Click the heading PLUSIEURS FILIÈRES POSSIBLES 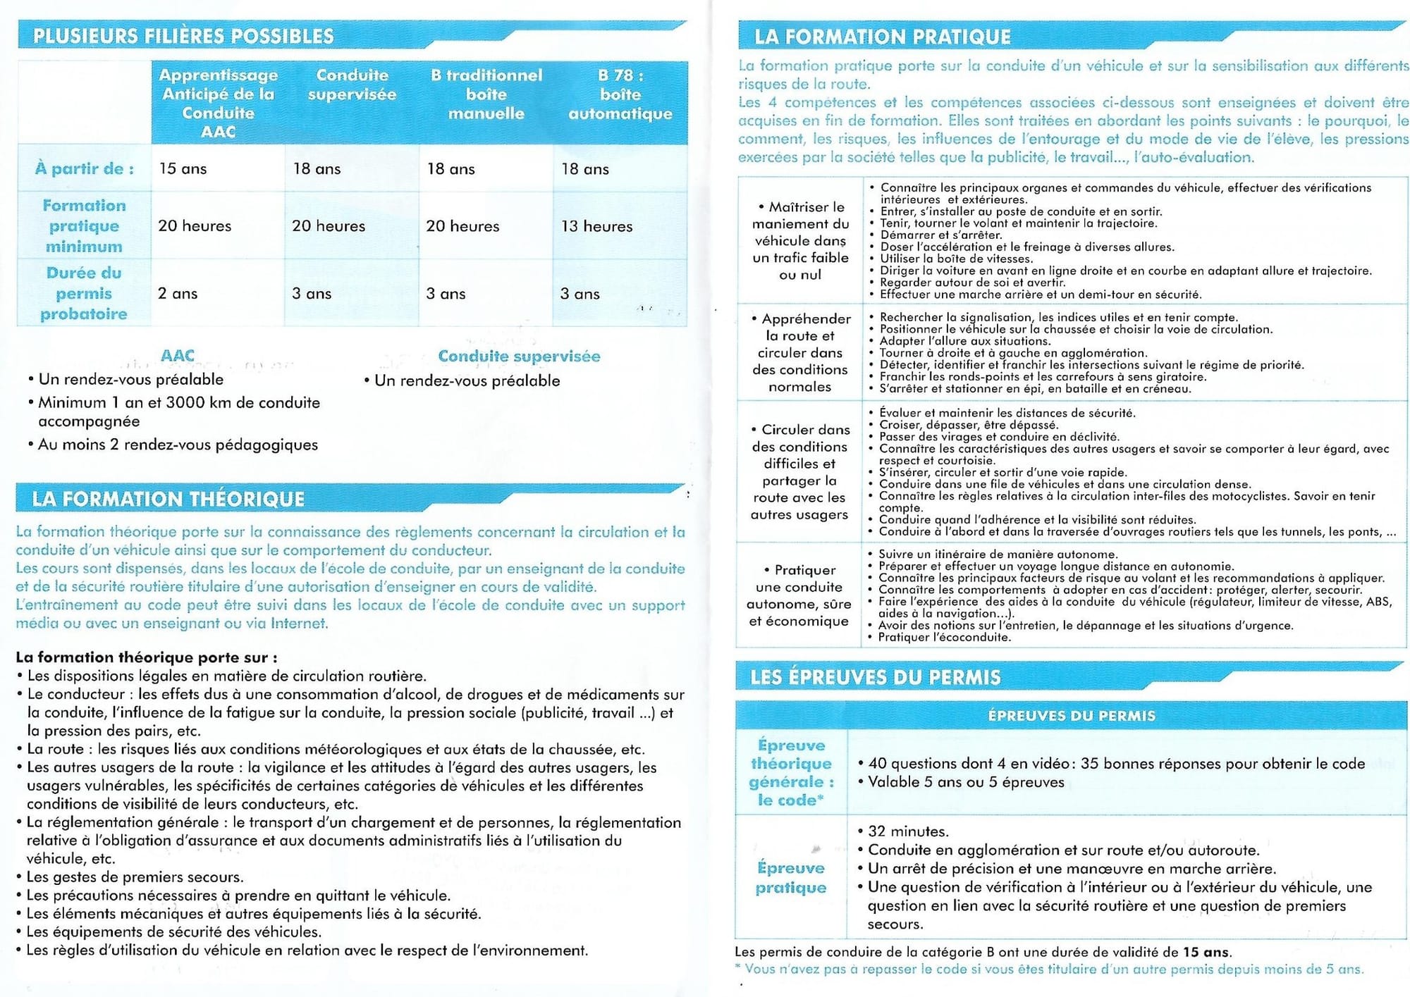(183, 36)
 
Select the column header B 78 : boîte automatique (620, 94)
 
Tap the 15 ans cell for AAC (183, 169)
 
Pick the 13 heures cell (596, 226)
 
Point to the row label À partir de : (84, 169)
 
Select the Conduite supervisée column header (352, 85)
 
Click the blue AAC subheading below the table (177, 356)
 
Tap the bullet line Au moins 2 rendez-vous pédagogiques (178, 445)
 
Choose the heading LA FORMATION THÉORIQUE (168, 500)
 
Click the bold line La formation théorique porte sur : (147, 657)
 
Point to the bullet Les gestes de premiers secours (135, 877)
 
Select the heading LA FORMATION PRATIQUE (883, 37)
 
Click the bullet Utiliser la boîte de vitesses (956, 259)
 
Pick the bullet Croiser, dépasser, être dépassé (969, 425)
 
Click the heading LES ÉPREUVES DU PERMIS (875, 677)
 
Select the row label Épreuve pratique (790, 878)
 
